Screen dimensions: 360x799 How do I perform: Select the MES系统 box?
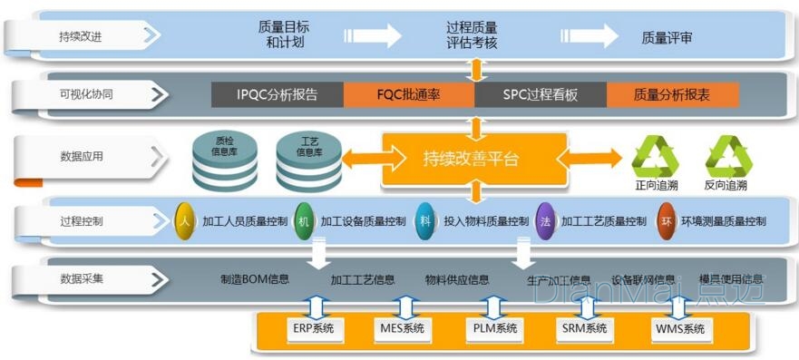(398, 328)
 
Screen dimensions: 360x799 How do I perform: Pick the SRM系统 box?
(584, 328)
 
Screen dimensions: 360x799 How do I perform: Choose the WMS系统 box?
(679, 328)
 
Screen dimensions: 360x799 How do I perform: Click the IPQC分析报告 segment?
(278, 94)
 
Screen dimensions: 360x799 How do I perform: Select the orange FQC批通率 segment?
(409, 94)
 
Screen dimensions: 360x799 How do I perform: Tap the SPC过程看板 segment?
(541, 94)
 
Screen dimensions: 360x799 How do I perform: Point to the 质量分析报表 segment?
(672, 94)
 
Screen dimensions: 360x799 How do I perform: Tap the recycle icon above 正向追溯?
(655, 156)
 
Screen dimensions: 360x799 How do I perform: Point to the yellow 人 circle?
(185, 220)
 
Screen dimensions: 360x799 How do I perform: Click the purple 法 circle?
(545, 220)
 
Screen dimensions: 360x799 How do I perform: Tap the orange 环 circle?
(667, 220)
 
